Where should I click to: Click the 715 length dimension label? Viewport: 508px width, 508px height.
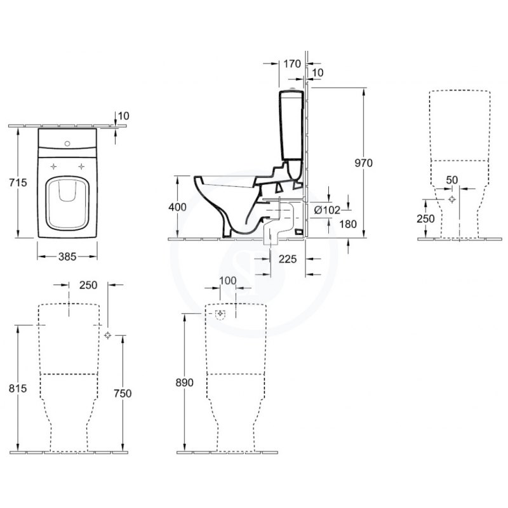(18, 183)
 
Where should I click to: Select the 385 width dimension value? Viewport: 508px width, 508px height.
(67, 257)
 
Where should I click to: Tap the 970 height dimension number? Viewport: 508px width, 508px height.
(363, 163)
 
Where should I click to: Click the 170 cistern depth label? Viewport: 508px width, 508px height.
(291, 63)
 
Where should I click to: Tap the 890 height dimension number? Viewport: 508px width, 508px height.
(184, 384)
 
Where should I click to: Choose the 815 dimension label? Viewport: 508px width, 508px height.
(19, 389)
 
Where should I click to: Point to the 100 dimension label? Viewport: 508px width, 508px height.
(227, 281)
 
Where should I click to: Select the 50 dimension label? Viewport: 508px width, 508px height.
(451, 180)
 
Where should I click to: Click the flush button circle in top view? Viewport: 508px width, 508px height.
(67, 144)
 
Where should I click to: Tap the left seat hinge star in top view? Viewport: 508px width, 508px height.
(54, 166)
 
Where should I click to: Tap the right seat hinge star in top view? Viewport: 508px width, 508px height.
(81, 166)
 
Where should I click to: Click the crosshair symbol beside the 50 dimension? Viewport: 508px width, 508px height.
(451, 199)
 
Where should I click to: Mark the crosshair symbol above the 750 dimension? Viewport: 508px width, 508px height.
(107, 335)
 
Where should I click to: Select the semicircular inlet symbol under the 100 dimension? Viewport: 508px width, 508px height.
(220, 314)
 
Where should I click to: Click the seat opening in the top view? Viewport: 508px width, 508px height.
(67, 203)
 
